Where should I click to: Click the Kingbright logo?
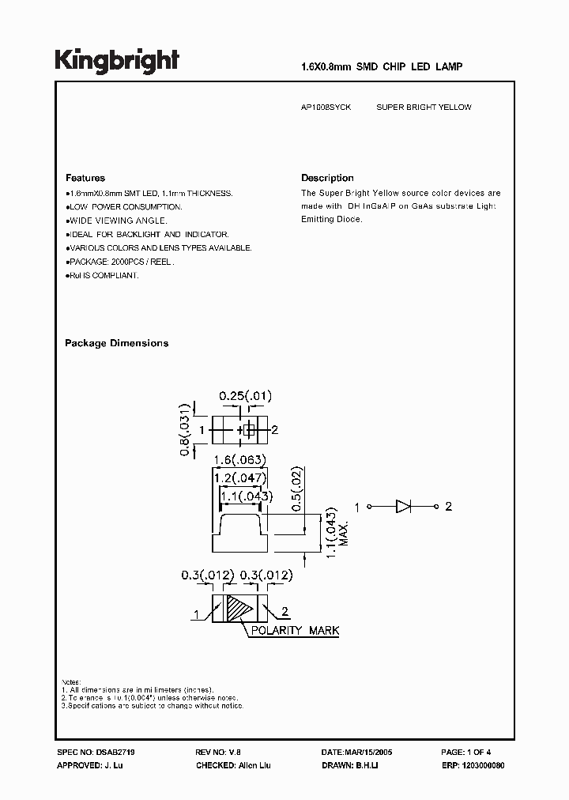pyautogui.click(x=117, y=62)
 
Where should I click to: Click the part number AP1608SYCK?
pyautogui.click(x=326, y=107)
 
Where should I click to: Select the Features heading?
pyautogui.click(x=85, y=178)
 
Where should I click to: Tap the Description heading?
pyautogui.click(x=327, y=178)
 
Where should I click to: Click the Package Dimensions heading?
pyautogui.click(x=116, y=343)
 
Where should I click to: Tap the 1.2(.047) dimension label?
pyautogui.click(x=241, y=478)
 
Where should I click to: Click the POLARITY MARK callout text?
pyautogui.click(x=295, y=631)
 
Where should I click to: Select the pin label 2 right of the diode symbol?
pyautogui.click(x=448, y=506)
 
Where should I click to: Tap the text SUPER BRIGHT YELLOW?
pyautogui.click(x=424, y=107)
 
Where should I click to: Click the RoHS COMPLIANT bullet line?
pyautogui.click(x=103, y=275)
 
